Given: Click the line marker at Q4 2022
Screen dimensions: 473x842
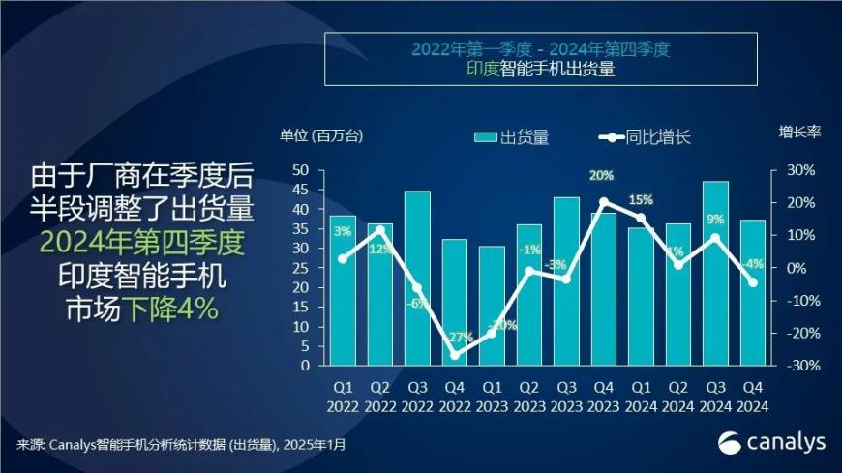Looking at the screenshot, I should pyautogui.click(x=454, y=355).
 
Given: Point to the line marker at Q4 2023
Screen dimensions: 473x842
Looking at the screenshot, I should pyautogui.click(x=604, y=202).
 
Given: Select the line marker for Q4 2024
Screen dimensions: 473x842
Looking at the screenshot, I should pyautogui.click(x=752, y=282).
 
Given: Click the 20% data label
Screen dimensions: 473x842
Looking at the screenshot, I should pyautogui.click(x=601, y=176).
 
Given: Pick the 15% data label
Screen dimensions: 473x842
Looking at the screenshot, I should pyautogui.click(x=641, y=200).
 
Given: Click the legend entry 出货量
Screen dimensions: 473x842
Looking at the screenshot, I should pyautogui.click(x=512, y=137).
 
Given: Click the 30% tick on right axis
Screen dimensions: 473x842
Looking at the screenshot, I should pyautogui.click(x=800, y=170).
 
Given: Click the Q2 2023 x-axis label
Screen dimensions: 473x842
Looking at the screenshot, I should pyautogui.click(x=528, y=397).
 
